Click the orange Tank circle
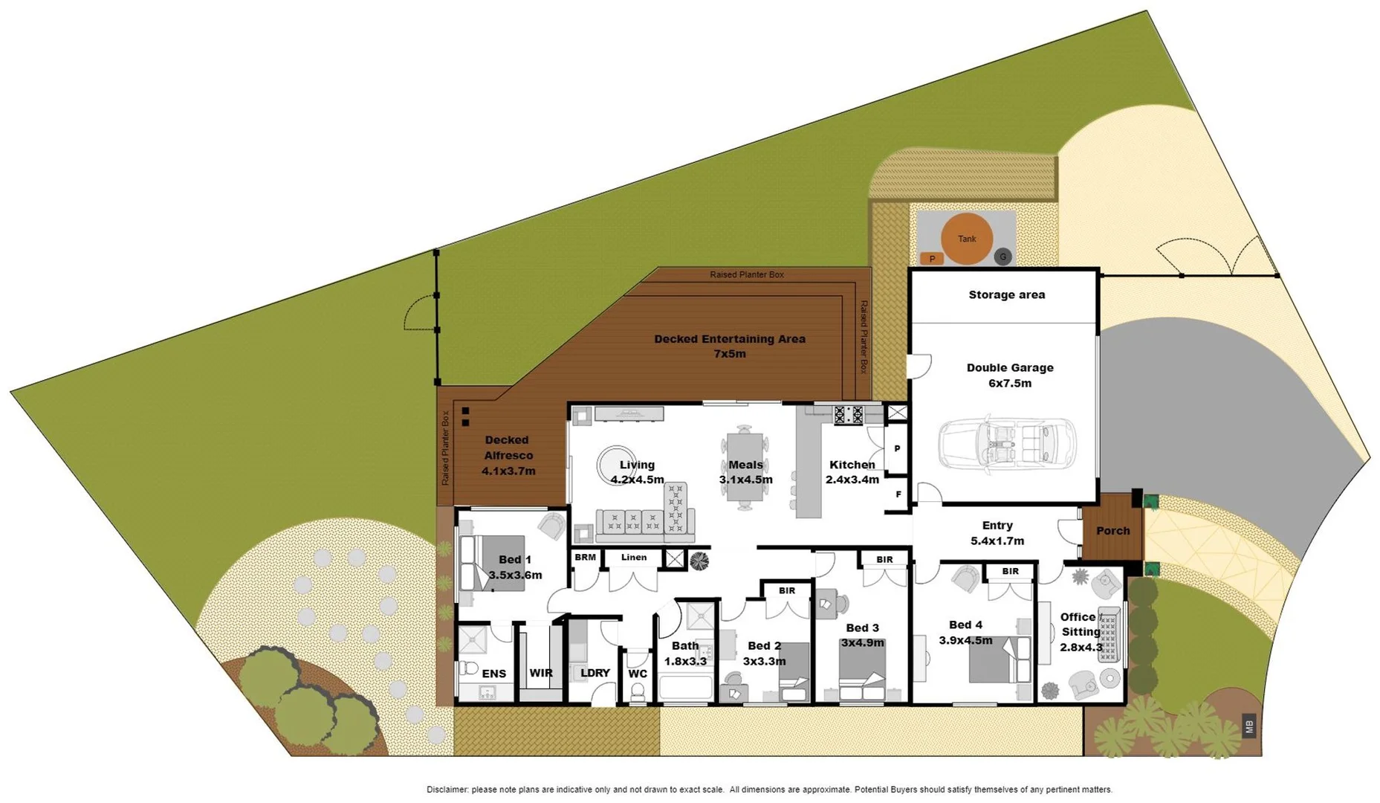pos(966,239)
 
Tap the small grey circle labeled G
pos(1002,257)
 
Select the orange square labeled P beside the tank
pos(931,259)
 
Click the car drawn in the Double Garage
pos(1007,445)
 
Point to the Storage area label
pos(1006,294)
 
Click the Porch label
pos(1112,530)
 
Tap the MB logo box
pos(1249,726)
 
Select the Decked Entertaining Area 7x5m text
pos(729,346)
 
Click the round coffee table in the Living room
pos(615,465)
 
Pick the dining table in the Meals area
pos(745,467)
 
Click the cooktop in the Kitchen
pos(848,414)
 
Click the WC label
pos(638,674)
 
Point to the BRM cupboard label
pos(585,557)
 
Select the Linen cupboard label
pos(634,557)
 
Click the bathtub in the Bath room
pos(685,688)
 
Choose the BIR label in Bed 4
pos(1010,571)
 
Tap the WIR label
pos(540,673)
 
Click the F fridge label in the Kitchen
pos(898,494)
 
